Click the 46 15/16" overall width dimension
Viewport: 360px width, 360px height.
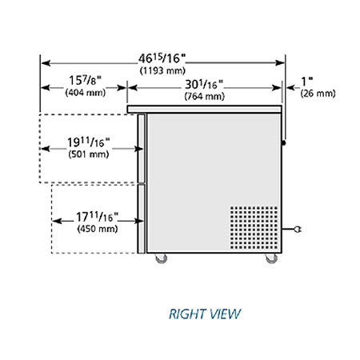coord(162,58)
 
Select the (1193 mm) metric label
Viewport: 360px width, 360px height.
coord(162,70)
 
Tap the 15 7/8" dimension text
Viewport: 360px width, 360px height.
coord(86,80)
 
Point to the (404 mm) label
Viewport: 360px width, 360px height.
coord(86,93)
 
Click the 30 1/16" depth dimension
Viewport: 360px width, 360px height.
coord(204,85)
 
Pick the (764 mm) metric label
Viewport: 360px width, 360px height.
coord(205,96)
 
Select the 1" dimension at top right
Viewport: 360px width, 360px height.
coord(307,82)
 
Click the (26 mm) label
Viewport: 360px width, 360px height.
coord(318,94)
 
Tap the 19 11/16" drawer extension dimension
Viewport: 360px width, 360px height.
coord(88,142)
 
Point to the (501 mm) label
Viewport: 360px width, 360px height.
coord(89,154)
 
